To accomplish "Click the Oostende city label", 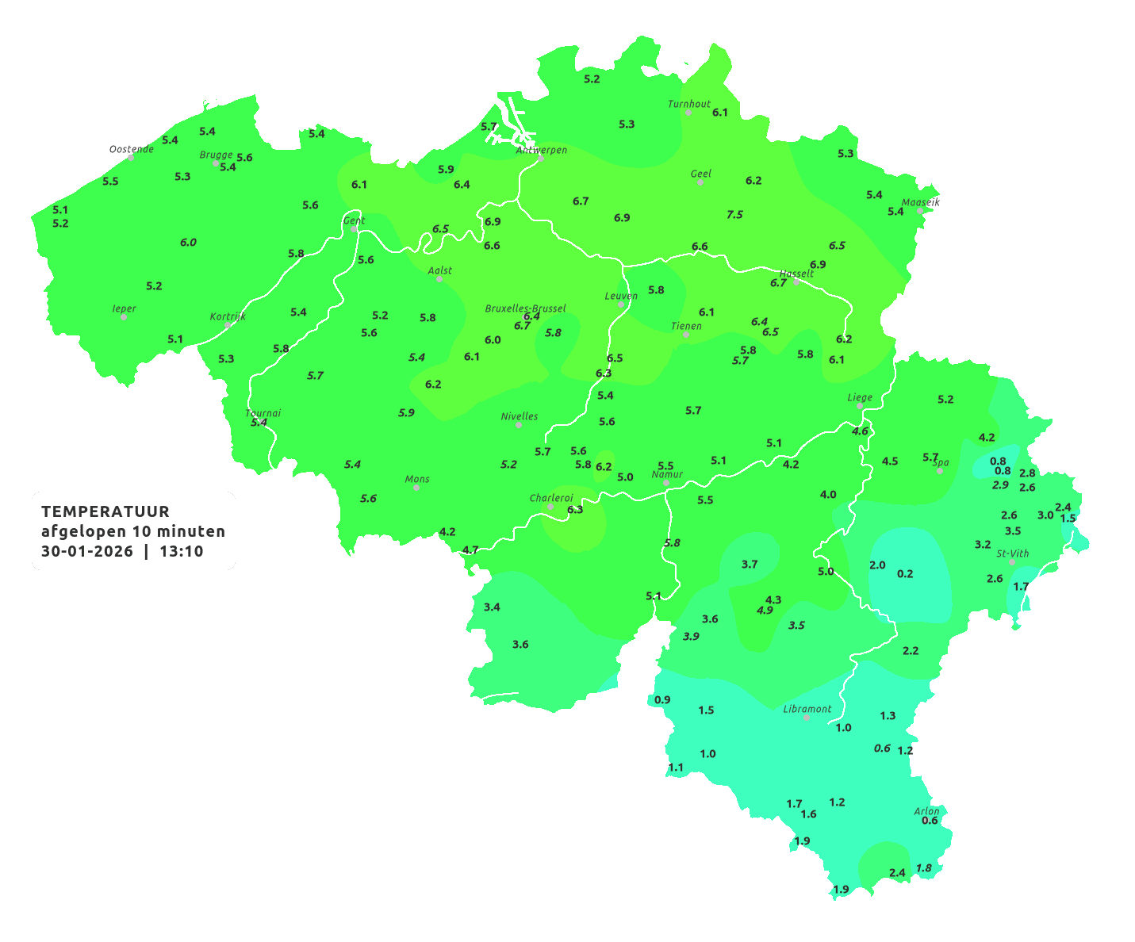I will (x=132, y=149).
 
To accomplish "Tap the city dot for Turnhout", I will (x=688, y=113).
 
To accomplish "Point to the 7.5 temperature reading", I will (x=735, y=214).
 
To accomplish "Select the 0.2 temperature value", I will (x=905, y=573).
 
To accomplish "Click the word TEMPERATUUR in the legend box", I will (x=105, y=511).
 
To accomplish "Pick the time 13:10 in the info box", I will (x=182, y=551).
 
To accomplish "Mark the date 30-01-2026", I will (x=87, y=551).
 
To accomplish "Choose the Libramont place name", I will (x=807, y=709).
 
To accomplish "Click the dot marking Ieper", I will (x=124, y=317).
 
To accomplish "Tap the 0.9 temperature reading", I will (x=662, y=699).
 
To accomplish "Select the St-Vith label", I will (x=1013, y=553).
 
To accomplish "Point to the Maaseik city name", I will (x=920, y=202).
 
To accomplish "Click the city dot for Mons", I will (x=416, y=488).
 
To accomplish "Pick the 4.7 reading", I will (x=470, y=549).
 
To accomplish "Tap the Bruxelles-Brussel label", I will (x=526, y=308).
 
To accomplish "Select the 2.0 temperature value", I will (x=877, y=565).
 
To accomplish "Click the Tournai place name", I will (x=263, y=413).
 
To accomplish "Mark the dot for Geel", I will (x=700, y=182).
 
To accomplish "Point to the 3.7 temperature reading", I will (x=750, y=564).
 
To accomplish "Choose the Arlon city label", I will (x=926, y=811).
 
